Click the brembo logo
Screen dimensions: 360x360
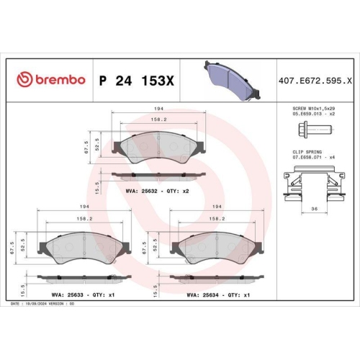pos(50,78)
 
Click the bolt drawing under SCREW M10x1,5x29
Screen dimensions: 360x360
pos(311,131)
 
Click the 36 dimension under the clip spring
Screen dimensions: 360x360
pos(310,209)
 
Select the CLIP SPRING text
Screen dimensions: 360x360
pos(310,153)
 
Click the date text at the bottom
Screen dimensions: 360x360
pos(42,305)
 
